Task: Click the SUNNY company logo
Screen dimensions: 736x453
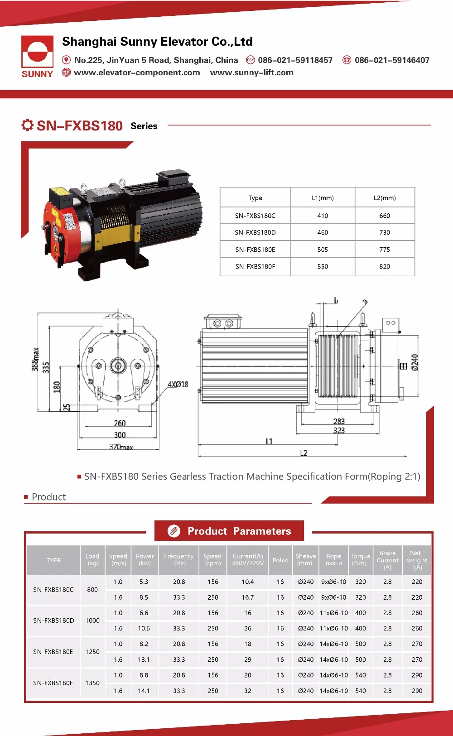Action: pyautogui.click(x=37, y=57)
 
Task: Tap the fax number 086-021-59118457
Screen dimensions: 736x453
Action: pyautogui.click(x=295, y=60)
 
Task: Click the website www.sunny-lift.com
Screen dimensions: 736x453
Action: pyautogui.click(x=251, y=72)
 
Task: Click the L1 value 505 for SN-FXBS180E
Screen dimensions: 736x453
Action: pyautogui.click(x=323, y=250)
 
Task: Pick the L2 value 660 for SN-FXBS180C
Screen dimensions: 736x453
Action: pyautogui.click(x=385, y=216)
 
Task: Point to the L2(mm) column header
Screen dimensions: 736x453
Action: pyautogui.click(x=385, y=198)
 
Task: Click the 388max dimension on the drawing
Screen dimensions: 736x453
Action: pyautogui.click(x=35, y=359)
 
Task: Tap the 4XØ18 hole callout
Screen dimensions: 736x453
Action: pyautogui.click(x=178, y=385)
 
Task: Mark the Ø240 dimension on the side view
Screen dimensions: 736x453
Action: pyautogui.click(x=414, y=362)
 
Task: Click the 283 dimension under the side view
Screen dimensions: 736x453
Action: pyautogui.click(x=339, y=421)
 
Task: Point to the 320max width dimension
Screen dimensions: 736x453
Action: pyautogui.click(x=121, y=447)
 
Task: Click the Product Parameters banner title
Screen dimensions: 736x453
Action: pyautogui.click(x=239, y=531)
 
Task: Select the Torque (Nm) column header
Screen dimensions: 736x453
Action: pyautogui.click(x=360, y=559)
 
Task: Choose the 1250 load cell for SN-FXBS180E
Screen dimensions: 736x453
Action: pyautogui.click(x=92, y=652)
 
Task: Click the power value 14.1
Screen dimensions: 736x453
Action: pyautogui.click(x=144, y=691)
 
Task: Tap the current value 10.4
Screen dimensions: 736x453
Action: pyautogui.click(x=248, y=582)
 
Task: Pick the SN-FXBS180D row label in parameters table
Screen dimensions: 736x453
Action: pyautogui.click(x=53, y=621)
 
